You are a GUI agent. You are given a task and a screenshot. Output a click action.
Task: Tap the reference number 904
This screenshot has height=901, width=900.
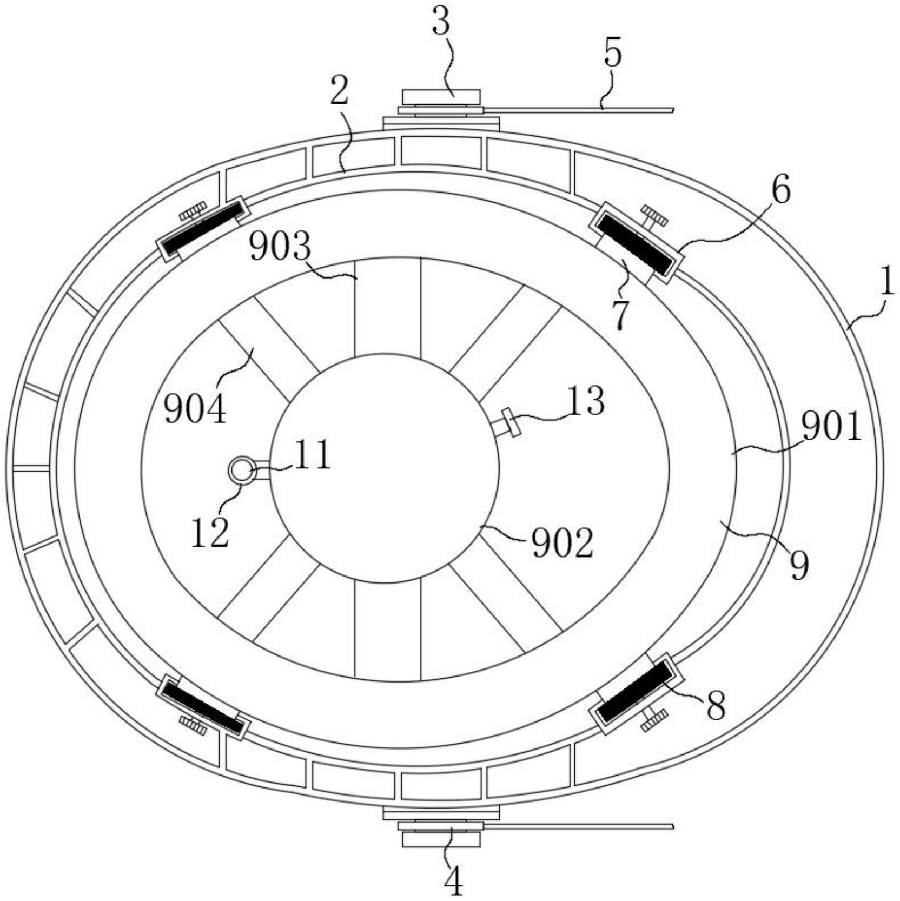click(x=195, y=409)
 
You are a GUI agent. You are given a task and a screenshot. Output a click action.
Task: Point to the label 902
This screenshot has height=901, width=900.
click(x=563, y=543)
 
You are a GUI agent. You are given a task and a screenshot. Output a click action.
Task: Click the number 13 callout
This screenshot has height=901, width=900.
click(x=587, y=401)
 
